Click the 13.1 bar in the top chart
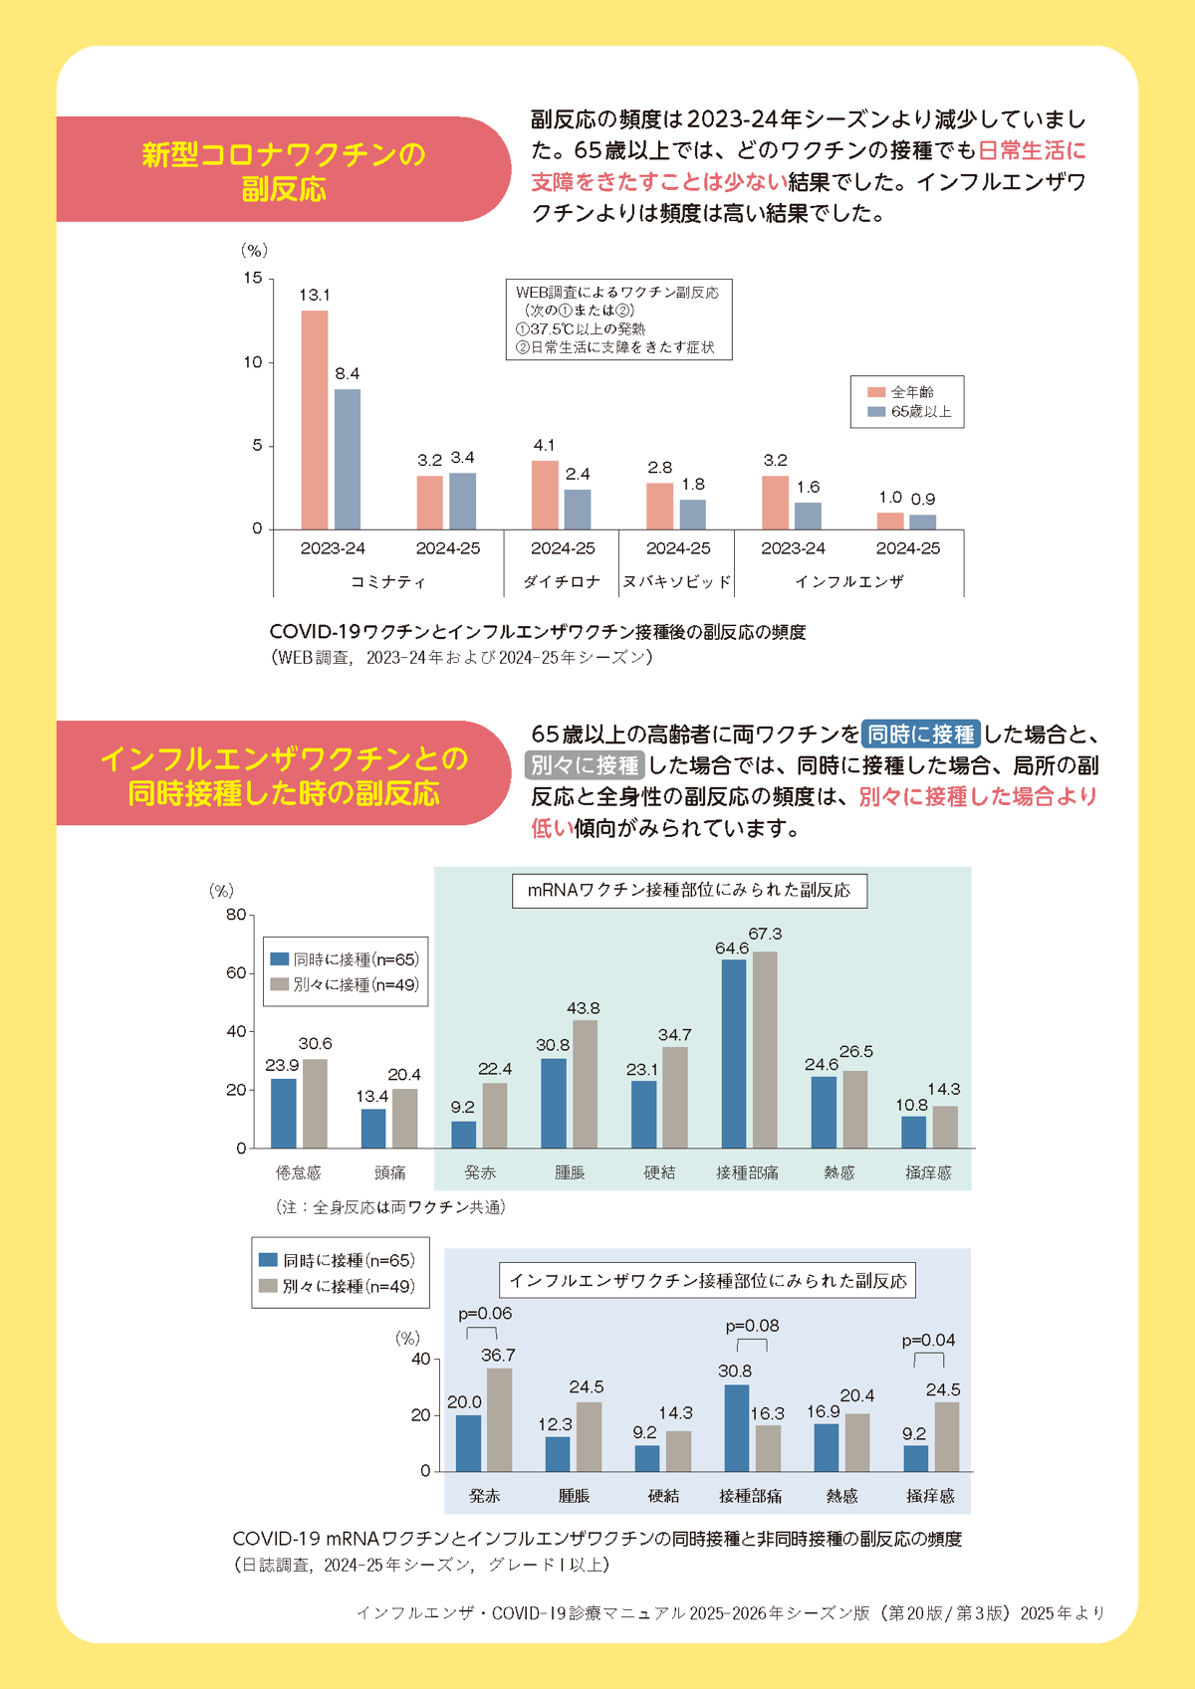(x=315, y=420)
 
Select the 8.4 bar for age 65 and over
(x=348, y=459)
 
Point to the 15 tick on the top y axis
(x=253, y=278)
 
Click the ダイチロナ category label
(x=563, y=582)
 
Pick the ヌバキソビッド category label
(x=677, y=582)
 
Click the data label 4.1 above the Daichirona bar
(x=544, y=445)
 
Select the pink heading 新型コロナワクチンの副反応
(x=284, y=170)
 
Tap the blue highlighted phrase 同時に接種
(x=921, y=735)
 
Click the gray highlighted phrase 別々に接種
(x=585, y=765)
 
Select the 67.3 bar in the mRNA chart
(x=765, y=1050)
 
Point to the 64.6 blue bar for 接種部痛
(x=734, y=1054)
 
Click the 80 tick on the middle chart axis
(x=236, y=915)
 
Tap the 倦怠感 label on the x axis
(x=299, y=1173)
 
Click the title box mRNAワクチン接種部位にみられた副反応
(x=689, y=890)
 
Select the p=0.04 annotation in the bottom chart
(x=928, y=1341)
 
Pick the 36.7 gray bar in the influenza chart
(x=499, y=1420)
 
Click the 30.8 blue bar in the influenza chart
(x=737, y=1428)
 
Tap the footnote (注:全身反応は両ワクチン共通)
(x=390, y=1207)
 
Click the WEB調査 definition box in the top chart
(x=618, y=319)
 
